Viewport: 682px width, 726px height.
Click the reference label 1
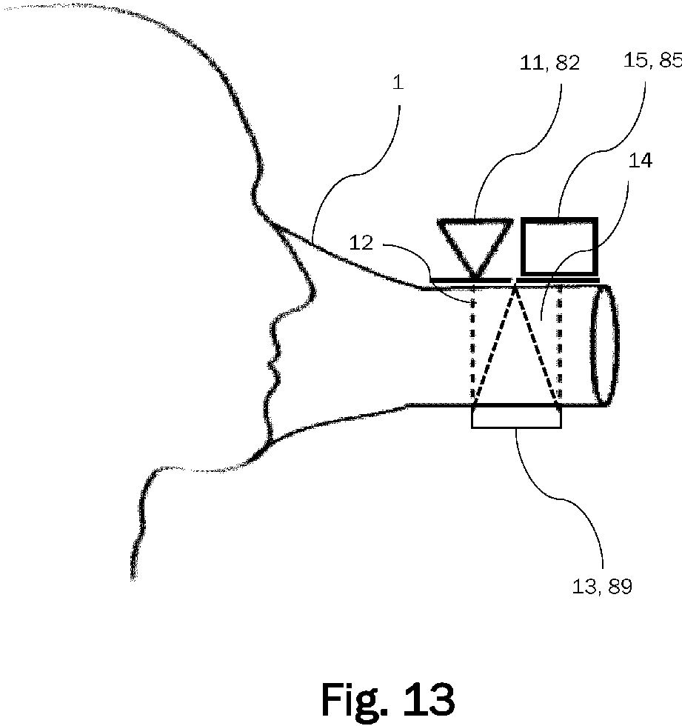398,82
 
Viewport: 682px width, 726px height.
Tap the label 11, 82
549,64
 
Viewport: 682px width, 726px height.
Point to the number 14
640,161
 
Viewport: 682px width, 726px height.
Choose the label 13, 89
602,587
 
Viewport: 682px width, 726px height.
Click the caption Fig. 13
387,698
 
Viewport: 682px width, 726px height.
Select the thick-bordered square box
559,246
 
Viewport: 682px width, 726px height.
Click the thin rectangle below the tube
516,418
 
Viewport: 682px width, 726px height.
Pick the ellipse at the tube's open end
601,345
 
